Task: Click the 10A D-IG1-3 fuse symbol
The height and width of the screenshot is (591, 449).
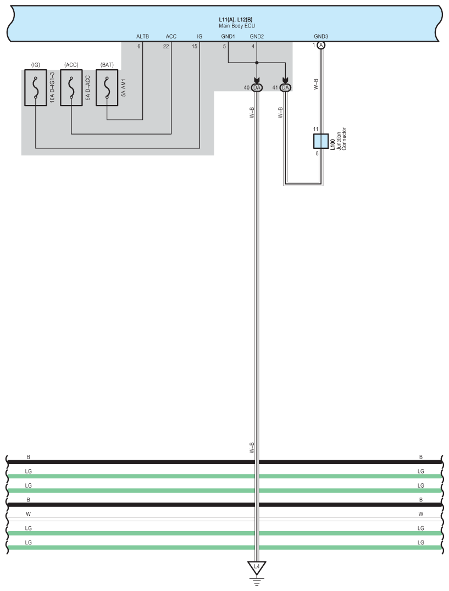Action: pyautogui.click(x=36, y=88)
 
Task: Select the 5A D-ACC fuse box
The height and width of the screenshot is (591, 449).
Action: pyautogui.click(x=71, y=88)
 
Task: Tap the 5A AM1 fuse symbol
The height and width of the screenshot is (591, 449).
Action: pyautogui.click(x=107, y=88)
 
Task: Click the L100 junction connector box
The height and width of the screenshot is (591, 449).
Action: pyautogui.click(x=320, y=141)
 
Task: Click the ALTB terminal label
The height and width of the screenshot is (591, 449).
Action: pyautogui.click(x=142, y=37)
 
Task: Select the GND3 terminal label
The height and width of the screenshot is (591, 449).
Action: pyautogui.click(x=321, y=37)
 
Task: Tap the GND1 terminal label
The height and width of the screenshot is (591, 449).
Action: pyautogui.click(x=228, y=37)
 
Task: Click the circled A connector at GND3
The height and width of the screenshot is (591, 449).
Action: pyautogui.click(x=321, y=46)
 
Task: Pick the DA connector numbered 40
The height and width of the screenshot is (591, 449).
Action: pyautogui.click(x=257, y=88)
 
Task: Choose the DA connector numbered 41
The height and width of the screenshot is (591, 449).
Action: pyautogui.click(x=285, y=88)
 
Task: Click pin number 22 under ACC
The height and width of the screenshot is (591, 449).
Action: pyautogui.click(x=166, y=46)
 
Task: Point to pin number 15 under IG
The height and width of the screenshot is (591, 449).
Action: pyautogui.click(x=195, y=46)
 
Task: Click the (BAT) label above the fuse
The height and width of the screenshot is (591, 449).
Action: pyautogui.click(x=107, y=65)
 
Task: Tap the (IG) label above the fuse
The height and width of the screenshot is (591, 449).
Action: pyautogui.click(x=36, y=65)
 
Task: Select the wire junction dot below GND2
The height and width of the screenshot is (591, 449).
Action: pyautogui.click(x=257, y=63)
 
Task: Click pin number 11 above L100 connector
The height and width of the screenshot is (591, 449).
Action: pyautogui.click(x=316, y=129)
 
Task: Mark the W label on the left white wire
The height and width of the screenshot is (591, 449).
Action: pyautogui.click(x=29, y=514)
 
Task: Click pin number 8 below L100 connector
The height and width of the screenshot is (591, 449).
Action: pyautogui.click(x=317, y=153)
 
